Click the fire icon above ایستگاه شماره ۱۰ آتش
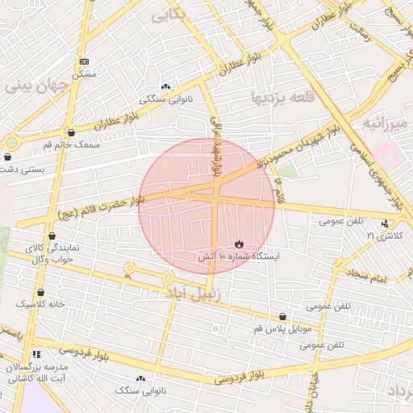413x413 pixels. pyautogui.click(x=239, y=244)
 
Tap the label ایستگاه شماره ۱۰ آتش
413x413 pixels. pyautogui.click(x=239, y=257)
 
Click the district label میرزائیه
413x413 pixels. pyautogui.click(x=386, y=124)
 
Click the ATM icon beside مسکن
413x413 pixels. pyautogui.click(x=84, y=61)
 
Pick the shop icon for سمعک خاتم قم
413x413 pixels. pyautogui.click(x=72, y=131)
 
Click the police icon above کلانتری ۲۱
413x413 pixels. pyautogui.click(x=385, y=223)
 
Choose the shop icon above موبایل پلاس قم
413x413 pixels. pyautogui.click(x=282, y=318)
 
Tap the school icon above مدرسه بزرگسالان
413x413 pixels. pyautogui.click(x=35, y=354)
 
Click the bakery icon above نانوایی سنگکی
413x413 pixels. pyautogui.click(x=166, y=86)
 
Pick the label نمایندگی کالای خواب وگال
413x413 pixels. pyautogui.click(x=52, y=253)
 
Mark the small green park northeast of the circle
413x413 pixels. pyautogui.click(x=288, y=170)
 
